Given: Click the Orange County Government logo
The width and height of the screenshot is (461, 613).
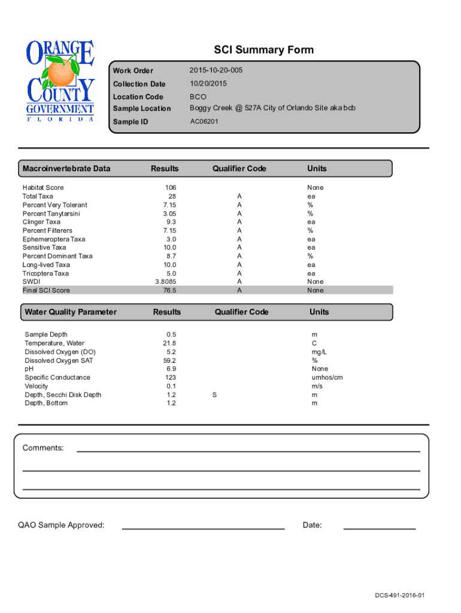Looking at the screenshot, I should [59, 80].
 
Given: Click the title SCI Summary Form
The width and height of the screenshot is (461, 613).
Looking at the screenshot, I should [263, 50].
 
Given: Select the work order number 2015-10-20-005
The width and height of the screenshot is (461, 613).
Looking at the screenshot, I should [216, 71].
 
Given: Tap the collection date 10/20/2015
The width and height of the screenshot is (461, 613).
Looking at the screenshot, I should [208, 84].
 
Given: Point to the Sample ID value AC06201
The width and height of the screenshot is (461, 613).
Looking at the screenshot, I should [204, 122].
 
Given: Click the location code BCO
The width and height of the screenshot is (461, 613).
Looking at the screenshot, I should [198, 96].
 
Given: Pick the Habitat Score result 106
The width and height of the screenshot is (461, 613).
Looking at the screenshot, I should [170, 188].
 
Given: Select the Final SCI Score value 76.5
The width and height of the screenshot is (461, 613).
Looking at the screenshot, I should [169, 290].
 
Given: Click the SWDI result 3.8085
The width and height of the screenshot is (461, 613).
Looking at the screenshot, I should [166, 282].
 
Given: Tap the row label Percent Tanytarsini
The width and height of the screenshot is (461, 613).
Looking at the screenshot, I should [51, 214].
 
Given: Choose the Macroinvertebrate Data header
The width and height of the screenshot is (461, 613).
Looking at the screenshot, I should [66, 169].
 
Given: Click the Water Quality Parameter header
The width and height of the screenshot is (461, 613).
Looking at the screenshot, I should [71, 312].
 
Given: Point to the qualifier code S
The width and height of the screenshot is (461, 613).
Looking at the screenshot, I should [215, 395].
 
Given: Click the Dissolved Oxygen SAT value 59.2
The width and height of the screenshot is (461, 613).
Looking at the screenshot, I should [169, 361].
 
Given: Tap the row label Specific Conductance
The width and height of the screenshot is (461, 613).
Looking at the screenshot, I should [57, 378].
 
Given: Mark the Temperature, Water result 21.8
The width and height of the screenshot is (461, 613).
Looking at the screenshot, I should [169, 344].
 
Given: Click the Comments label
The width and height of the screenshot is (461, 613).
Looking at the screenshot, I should [43, 448].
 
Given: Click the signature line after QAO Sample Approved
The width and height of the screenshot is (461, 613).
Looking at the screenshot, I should [203, 528].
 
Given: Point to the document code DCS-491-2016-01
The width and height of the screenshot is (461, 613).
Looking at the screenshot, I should [400, 596].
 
